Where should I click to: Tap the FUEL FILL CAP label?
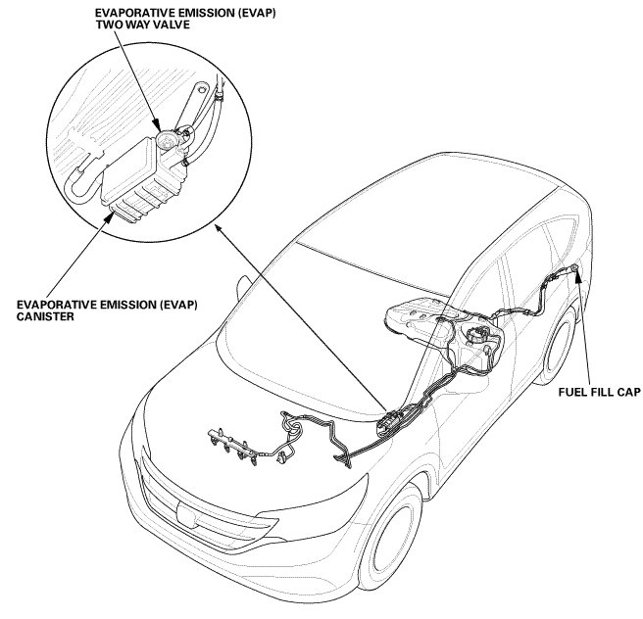pyautogui.click(x=599, y=391)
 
